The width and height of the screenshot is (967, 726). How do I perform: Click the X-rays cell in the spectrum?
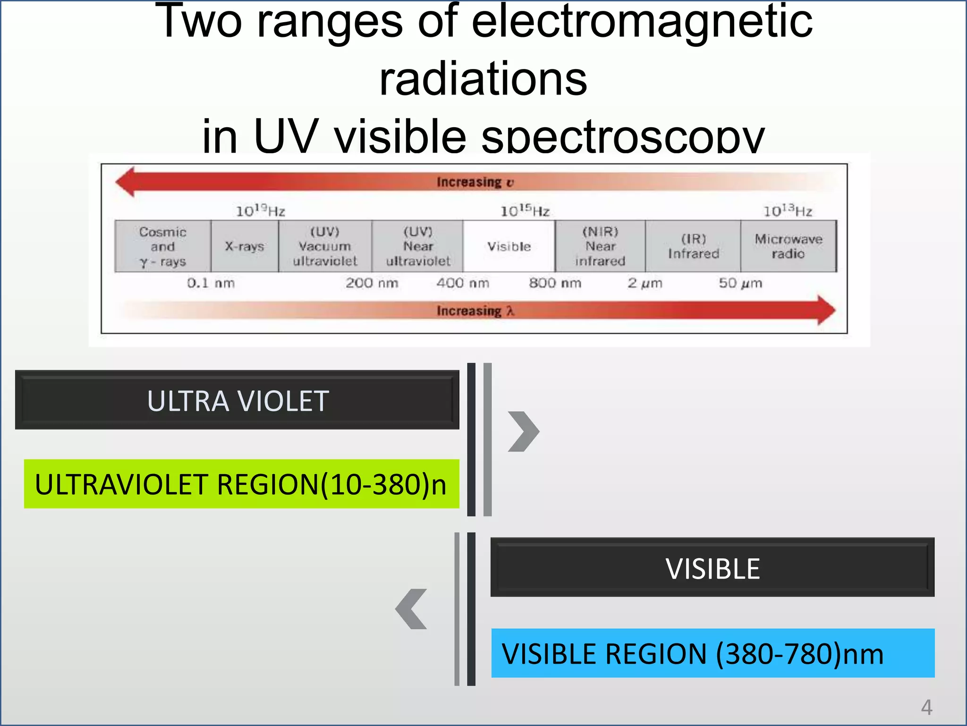(x=245, y=246)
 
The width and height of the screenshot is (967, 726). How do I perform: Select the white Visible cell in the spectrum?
(x=509, y=246)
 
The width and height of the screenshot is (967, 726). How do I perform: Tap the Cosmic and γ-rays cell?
(x=163, y=246)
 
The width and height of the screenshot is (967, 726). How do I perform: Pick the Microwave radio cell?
(x=788, y=246)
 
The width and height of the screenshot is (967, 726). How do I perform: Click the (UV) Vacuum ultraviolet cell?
(x=325, y=246)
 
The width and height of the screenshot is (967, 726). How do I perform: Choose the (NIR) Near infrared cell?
(x=600, y=246)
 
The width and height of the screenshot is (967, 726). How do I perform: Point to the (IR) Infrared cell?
(x=693, y=246)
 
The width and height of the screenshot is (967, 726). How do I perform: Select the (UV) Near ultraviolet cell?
(x=418, y=246)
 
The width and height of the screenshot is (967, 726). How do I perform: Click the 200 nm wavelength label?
(x=372, y=283)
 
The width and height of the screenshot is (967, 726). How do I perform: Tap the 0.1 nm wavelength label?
(x=211, y=283)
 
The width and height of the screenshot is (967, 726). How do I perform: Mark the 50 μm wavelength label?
(x=740, y=283)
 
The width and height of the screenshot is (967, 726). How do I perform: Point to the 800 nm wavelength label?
(x=555, y=283)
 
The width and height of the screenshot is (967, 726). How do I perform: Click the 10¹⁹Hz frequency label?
(x=261, y=210)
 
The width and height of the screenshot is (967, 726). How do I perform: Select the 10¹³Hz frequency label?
(x=788, y=210)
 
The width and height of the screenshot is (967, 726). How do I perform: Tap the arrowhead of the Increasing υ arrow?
(x=126, y=181)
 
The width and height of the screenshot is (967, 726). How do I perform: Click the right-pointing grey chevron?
(x=524, y=431)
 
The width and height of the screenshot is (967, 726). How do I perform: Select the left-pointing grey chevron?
(x=411, y=609)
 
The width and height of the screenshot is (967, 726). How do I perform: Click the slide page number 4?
(x=926, y=708)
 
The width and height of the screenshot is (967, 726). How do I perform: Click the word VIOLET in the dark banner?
(x=283, y=401)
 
